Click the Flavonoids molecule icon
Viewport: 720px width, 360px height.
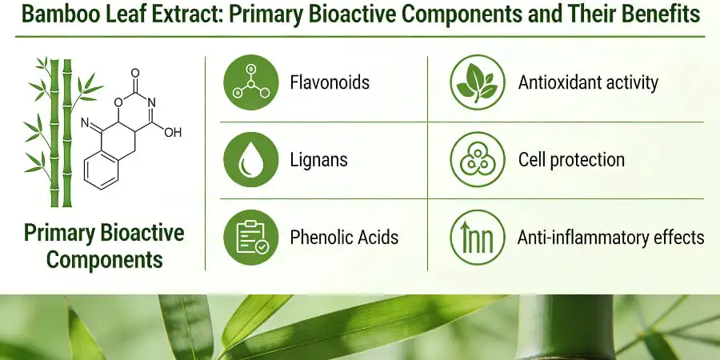click(250, 82)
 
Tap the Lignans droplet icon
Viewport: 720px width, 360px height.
click(250, 159)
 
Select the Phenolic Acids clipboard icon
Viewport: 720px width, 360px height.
click(250, 237)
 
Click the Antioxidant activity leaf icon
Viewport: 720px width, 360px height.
click(477, 82)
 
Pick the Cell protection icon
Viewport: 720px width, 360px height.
click(477, 159)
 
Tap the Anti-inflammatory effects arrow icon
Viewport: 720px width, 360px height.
click(477, 237)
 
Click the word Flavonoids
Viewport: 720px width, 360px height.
click(330, 82)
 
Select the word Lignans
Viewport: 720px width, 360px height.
click(318, 159)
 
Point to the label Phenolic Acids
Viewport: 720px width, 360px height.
click(344, 237)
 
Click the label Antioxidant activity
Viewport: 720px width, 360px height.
click(588, 82)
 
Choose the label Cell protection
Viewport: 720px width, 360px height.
click(571, 159)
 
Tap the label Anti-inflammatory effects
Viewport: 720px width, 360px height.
click(610, 237)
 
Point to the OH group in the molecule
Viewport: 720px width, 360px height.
click(172, 132)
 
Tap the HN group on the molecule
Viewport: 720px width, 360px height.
click(87, 124)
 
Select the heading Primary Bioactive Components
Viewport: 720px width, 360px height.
click(104, 246)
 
